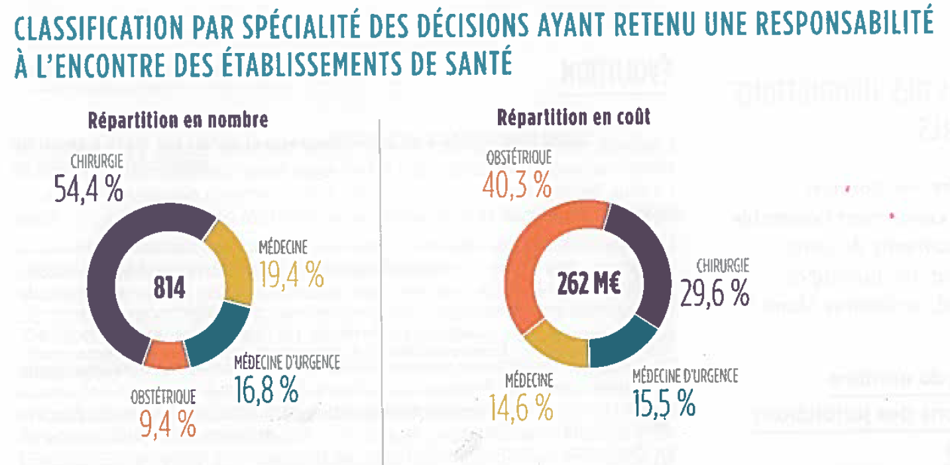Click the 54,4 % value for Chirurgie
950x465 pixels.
click(88, 188)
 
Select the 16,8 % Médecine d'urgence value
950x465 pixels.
click(267, 391)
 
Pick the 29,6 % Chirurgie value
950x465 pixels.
click(715, 293)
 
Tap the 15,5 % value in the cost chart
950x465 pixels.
click(664, 403)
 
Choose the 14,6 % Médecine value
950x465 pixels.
click(521, 407)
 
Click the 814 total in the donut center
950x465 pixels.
click(169, 287)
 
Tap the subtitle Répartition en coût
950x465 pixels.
click(574, 117)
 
